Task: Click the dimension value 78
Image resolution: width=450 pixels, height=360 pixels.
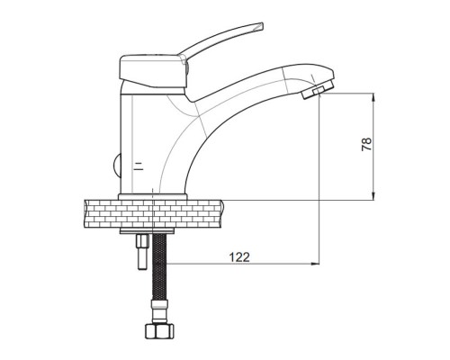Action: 366,144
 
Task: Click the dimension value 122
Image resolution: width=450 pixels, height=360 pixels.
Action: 239,257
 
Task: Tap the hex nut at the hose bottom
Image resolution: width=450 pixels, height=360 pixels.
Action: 159,331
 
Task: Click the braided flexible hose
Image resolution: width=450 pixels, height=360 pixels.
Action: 159,266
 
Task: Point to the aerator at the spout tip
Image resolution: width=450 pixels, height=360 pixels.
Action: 318,89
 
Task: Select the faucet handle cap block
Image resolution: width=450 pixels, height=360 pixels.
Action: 153,72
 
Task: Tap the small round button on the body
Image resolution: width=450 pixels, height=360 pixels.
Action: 117,166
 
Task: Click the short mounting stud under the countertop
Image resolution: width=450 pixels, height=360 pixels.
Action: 142,252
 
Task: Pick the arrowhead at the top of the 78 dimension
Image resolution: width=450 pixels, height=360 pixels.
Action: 373,97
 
